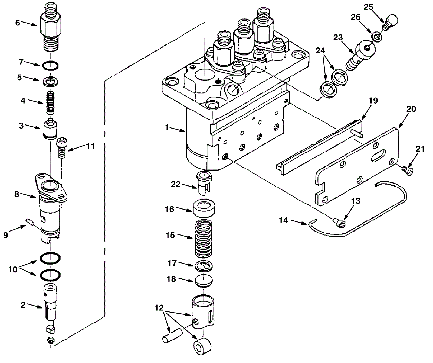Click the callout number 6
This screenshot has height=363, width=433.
click(x=18, y=23)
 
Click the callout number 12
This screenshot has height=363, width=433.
click(x=159, y=308)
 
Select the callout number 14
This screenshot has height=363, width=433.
click(x=283, y=220)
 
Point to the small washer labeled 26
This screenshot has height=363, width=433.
click(x=376, y=36)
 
